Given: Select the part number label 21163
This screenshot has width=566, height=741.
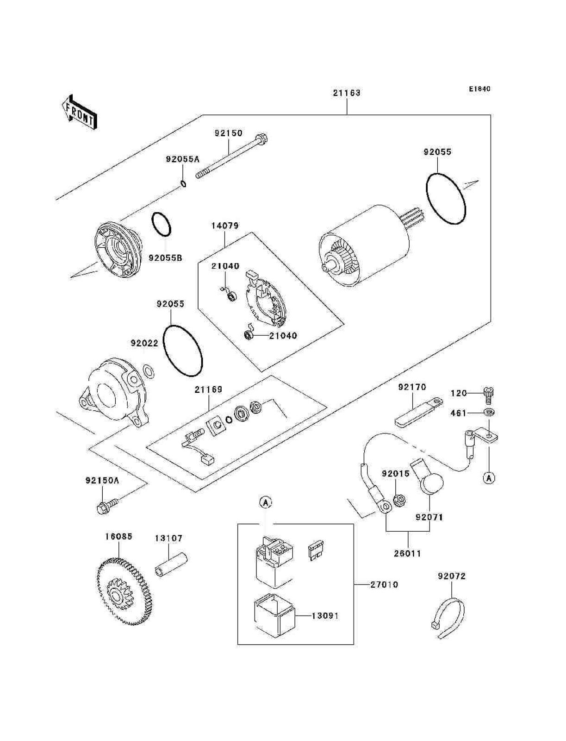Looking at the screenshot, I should click(347, 93).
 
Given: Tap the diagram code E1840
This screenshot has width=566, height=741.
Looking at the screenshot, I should click(479, 89).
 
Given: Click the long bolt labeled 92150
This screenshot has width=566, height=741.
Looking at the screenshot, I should click(231, 156).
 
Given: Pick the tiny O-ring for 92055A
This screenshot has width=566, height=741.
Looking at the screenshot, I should click(183, 184).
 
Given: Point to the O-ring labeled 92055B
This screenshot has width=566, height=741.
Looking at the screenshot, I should click(161, 225).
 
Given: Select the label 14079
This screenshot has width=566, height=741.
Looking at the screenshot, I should click(225, 226).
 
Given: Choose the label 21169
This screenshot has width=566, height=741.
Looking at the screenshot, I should click(208, 389).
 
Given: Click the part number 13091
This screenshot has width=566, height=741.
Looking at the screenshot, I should click(325, 616).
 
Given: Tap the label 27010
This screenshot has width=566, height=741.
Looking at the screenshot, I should click(384, 584).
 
